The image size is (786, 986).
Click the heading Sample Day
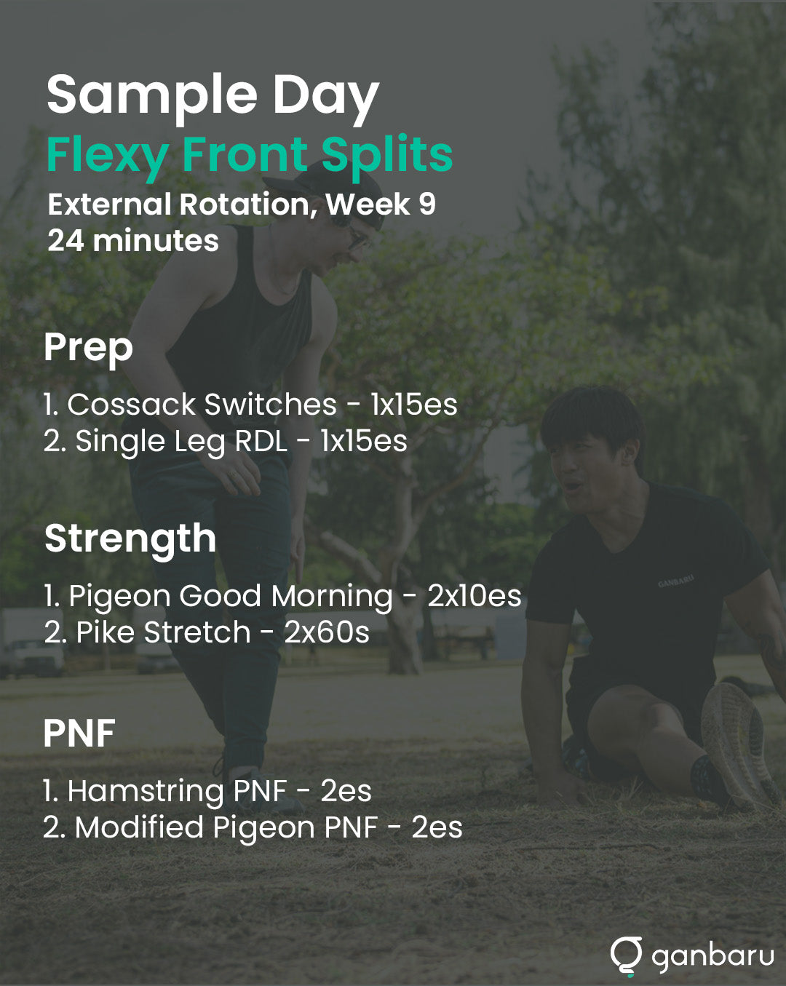point(213,97)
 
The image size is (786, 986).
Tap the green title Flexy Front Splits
point(250,156)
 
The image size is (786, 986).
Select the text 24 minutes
point(133,241)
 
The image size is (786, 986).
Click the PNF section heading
point(79,733)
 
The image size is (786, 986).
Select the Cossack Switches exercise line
point(250,405)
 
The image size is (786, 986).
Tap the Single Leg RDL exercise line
point(226,442)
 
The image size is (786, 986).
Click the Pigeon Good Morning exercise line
point(283,597)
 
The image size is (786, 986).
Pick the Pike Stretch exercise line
point(207,633)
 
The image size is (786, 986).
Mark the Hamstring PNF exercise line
point(207,792)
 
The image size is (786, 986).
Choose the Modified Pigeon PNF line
point(253,828)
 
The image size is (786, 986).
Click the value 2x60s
point(327,633)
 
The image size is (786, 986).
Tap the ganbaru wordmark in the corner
point(713,957)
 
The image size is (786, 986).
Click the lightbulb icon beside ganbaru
point(626,955)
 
